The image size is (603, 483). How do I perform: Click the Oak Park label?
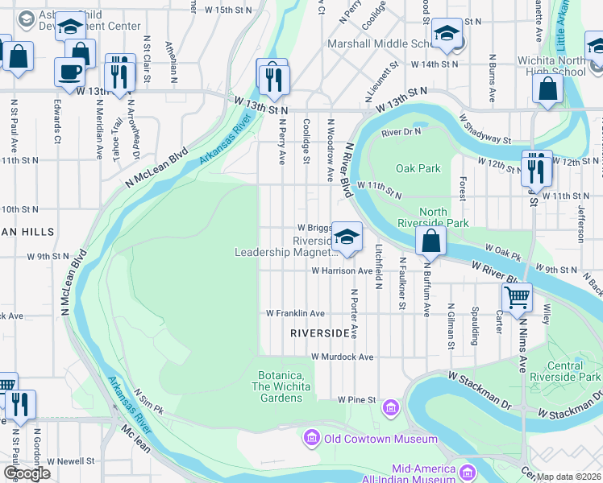[x=418, y=168]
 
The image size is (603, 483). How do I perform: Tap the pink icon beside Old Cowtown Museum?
[x=310, y=439]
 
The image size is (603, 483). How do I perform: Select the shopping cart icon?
[x=517, y=296]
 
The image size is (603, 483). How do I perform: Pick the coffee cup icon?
[x=69, y=72]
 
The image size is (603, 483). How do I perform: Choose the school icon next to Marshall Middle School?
[x=445, y=35]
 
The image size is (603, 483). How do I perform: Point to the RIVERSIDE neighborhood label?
[x=319, y=332]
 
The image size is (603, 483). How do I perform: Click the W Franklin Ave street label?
[x=295, y=313]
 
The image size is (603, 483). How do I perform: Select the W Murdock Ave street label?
[x=342, y=357]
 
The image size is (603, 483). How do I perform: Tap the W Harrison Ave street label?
[x=343, y=271]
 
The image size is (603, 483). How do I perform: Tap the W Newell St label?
[x=71, y=461]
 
